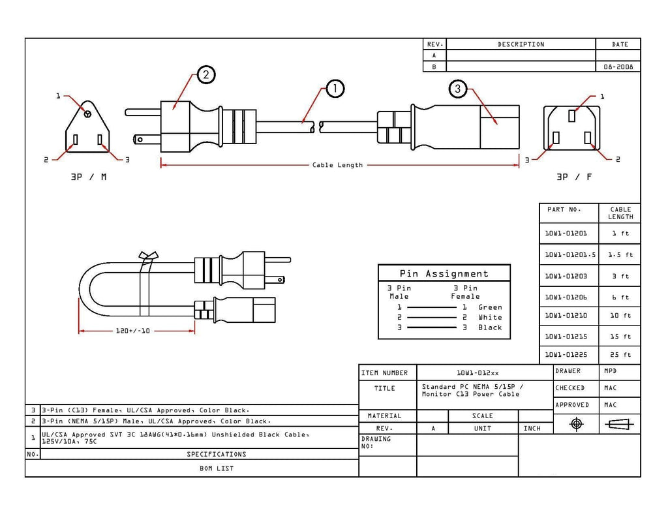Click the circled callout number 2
click(x=206, y=75)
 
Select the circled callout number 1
click(x=335, y=89)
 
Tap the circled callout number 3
click(x=457, y=89)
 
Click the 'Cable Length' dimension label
click(x=337, y=165)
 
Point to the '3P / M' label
click(x=89, y=177)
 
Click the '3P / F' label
click(x=574, y=177)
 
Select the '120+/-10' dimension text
click(x=132, y=331)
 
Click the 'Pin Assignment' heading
click(x=444, y=273)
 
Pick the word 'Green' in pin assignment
click(x=490, y=307)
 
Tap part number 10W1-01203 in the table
click(x=566, y=276)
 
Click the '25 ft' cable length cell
click(x=620, y=354)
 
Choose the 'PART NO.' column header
click(x=564, y=209)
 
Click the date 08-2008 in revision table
click(x=618, y=67)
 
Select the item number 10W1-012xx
click(x=478, y=373)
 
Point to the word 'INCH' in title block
click(x=532, y=428)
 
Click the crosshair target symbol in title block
click(x=577, y=424)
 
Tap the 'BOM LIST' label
click(x=217, y=468)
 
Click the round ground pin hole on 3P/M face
click(x=87, y=114)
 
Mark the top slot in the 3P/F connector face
click(x=571, y=115)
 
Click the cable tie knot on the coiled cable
click(x=148, y=256)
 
